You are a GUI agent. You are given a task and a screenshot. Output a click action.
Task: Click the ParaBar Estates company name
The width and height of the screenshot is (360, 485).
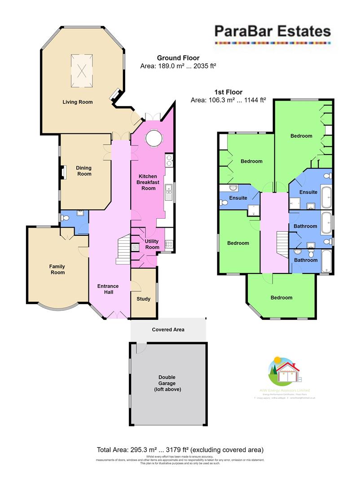click(x=272, y=31)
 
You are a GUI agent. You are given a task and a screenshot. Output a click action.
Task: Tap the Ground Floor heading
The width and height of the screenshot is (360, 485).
click(x=178, y=58)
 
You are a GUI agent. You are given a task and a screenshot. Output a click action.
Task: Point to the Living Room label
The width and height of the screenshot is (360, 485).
click(x=78, y=102)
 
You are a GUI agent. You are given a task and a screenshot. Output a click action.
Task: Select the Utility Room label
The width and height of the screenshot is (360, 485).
click(x=152, y=244)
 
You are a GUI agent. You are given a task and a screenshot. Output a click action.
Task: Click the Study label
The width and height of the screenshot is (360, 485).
click(x=144, y=299)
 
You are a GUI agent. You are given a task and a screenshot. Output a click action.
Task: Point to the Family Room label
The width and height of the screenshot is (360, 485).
click(x=57, y=269)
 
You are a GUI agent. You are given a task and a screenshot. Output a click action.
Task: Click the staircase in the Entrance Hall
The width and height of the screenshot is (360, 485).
click(x=123, y=251)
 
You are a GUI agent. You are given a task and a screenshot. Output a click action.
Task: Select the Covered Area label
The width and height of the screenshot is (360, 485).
click(x=168, y=329)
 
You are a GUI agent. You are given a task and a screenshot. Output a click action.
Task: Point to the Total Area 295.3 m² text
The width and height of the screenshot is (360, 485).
click(x=180, y=450)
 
